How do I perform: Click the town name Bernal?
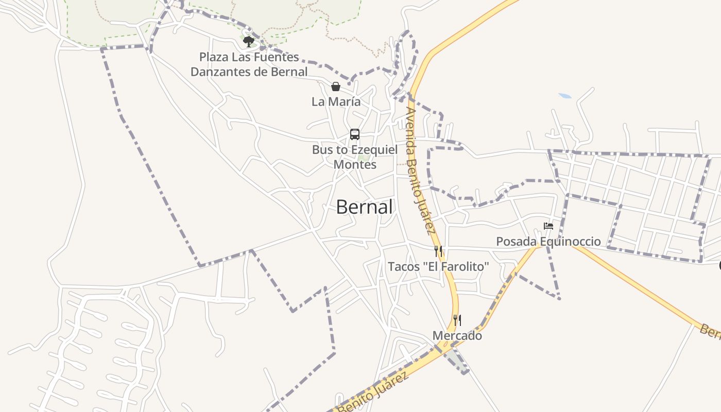click(x=364, y=207)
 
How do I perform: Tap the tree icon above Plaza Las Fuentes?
click(x=249, y=41)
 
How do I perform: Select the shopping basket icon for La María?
click(x=336, y=87)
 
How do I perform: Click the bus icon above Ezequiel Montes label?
click(x=355, y=134)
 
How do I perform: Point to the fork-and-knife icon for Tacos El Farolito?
click(x=438, y=251)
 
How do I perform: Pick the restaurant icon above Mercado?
click(x=457, y=320)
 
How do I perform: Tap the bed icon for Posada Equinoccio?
click(x=548, y=226)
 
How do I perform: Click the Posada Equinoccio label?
click(x=548, y=242)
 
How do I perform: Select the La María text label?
click(x=336, y=102)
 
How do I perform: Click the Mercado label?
click(x=457, y=336)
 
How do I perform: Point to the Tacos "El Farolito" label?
click(x=438, y=267)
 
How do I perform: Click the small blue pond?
click(x=565, y=96)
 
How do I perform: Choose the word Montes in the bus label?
click(x=355, y=165)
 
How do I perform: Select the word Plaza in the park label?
click(x=214, y=57)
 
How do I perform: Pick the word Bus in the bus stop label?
click(x=322, y=150)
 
